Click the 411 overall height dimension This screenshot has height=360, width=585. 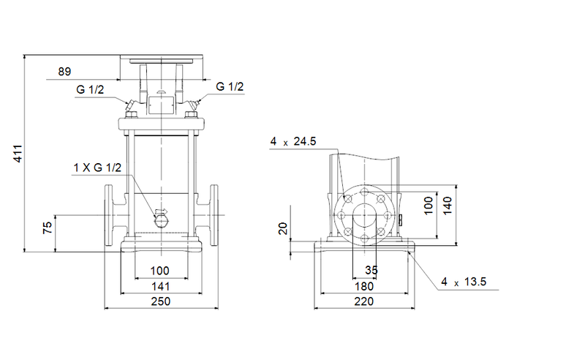(x=19, y=154)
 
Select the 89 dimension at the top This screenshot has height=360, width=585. (x=65, y=72)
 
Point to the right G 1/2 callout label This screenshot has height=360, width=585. (x=230, y=87)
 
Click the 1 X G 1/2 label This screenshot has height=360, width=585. (x=97, y=168)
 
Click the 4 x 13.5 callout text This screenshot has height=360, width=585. (x=464, y=282)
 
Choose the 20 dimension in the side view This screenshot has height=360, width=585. (x=284, y=230)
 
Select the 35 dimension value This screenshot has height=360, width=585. (x=371, y=271)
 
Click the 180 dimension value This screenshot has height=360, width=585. (x=363, y=286)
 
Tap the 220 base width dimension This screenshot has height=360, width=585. (x=363, y=301)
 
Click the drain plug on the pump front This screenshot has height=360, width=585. (x=161, y=217)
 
